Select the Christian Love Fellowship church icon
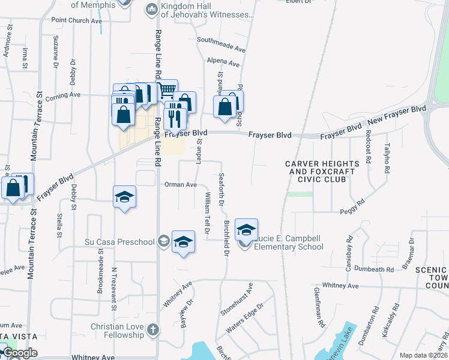click(x=153, y=329)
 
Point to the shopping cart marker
click(x=167, y=90)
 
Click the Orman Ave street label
click(x=181, y=185)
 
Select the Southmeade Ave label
click(x=221, y=44)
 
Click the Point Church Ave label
click(x=77, y=20)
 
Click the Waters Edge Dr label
click(x=244, y=320)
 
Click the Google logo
click(x=19, y=353)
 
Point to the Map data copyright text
click(x=424, y=355)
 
